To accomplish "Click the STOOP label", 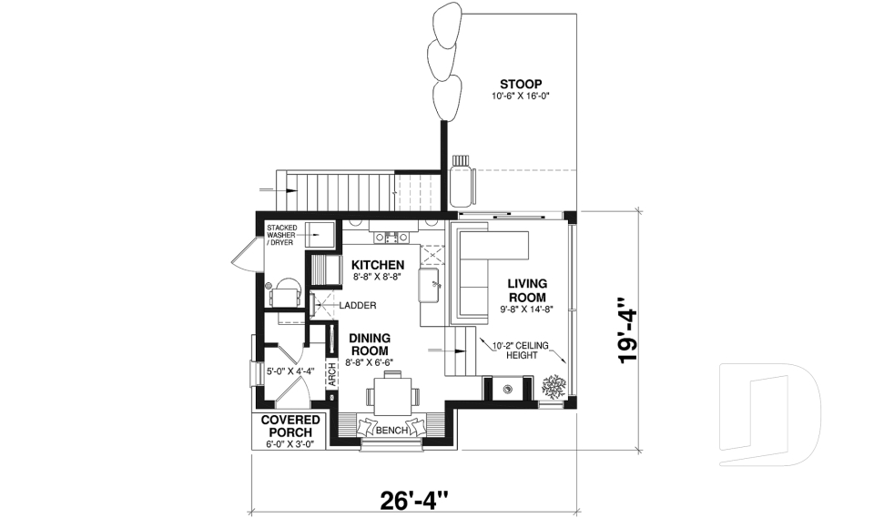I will (522, 85).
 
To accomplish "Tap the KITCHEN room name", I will (378, 264).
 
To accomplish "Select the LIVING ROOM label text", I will (527, 291).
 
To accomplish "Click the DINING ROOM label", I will (370, 344).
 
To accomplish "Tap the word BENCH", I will (392, 429).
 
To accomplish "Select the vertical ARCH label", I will (331, 375).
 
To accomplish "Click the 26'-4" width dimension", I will (414, 499).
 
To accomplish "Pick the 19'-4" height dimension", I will (626, 331).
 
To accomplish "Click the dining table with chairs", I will (392, 396).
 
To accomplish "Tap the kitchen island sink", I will (431, 285).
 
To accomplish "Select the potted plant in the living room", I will (553, 387).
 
